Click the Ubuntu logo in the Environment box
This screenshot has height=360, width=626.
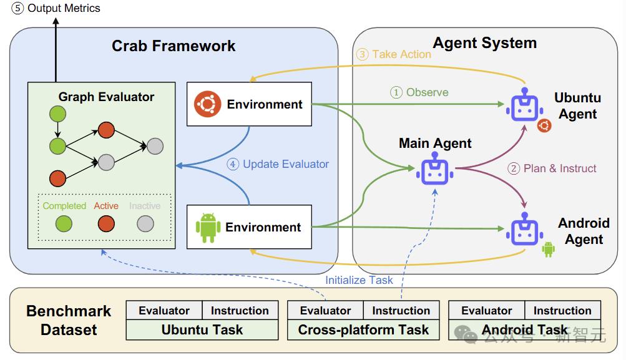207,104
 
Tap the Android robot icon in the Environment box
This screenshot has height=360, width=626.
208,228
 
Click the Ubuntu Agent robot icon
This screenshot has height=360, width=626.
525,105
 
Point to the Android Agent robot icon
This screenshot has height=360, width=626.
524,230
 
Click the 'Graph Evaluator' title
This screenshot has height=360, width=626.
106,97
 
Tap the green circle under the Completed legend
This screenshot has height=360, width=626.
64,223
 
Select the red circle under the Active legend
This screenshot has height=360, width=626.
105,223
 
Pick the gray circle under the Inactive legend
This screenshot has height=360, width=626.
145,223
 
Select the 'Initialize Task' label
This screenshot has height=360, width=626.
359,280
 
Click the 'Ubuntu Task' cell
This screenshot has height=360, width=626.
202,329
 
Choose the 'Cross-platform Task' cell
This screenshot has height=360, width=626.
364,329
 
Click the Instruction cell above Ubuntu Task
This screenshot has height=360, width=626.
240,311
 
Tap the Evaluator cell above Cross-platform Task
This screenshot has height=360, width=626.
325,311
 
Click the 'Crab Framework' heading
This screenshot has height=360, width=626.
174,46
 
